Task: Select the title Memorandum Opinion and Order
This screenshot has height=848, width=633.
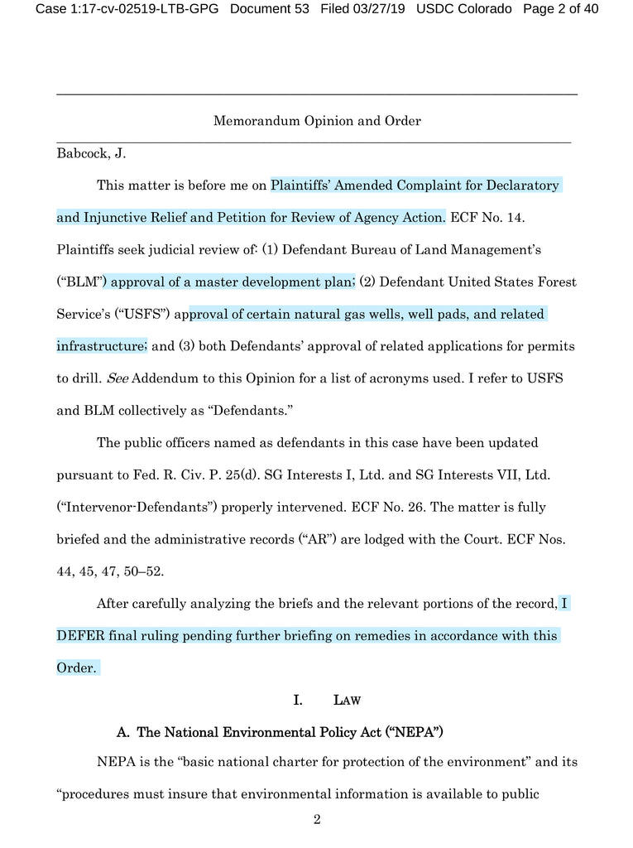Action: coord(317,121)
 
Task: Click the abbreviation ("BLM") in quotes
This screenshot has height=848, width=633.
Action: coord(81,282)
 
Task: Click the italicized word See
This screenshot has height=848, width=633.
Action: coord(117,378)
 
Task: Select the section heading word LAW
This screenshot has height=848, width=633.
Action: coord(346,701)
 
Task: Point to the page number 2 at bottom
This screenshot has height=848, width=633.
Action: coord(317,821)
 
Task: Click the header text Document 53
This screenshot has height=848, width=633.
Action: coord(270,9)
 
